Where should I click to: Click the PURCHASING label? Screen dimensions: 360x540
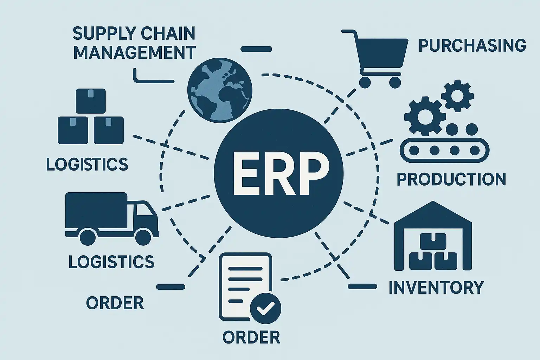tap(472, 46)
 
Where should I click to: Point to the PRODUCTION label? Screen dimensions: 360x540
tap(451, 179)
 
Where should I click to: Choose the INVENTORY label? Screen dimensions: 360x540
tap(436, 287)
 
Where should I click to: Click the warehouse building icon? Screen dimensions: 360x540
tap(433, 239)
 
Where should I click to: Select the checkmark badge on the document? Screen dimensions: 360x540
tap(265, 308)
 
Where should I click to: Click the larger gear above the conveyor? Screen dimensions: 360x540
tap(422, 116)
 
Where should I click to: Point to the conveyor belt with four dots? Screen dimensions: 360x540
tap(445, 150)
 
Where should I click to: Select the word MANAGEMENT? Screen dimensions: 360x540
tap(135, 53)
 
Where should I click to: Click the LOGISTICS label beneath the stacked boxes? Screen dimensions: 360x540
tap(87, 164)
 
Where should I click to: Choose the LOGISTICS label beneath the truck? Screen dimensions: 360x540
tap(111, 262)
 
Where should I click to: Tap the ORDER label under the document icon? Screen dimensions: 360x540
tap(251, 337)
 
